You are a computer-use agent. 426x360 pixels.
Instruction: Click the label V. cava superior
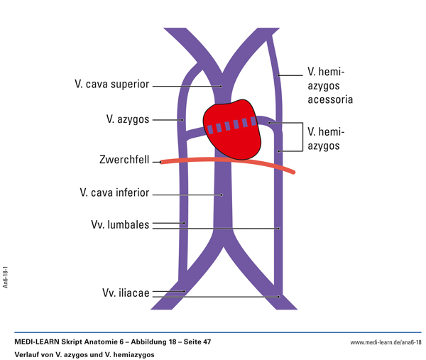[x=111, y=84]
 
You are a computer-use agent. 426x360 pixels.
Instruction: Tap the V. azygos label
[x=128, y=119]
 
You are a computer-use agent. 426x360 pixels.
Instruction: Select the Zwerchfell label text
[x=124, y=160]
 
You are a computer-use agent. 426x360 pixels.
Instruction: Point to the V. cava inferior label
[x=113, y=192]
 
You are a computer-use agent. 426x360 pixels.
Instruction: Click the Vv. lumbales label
[x=120, y=224]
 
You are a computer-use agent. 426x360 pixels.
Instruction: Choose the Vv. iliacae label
[x=124, y=293]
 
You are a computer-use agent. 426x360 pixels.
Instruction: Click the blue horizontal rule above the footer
[x=213, y=332]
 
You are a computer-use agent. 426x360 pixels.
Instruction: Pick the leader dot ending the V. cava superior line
[x=221, y=86]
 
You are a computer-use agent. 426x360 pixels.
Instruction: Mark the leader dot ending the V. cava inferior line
[x=221, y=194]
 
